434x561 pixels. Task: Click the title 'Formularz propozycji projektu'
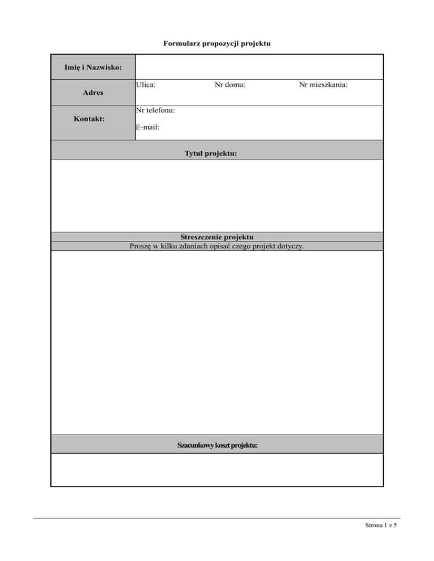(217, 43)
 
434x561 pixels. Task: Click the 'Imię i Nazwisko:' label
(93, 68)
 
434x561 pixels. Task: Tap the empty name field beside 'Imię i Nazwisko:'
(259, 67)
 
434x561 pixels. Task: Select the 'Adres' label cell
(93, 92)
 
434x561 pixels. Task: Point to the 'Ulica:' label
(146, 85)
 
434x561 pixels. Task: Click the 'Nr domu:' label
(230, 85)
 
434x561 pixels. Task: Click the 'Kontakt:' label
(93, 119)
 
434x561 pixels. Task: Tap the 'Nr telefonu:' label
(155, 110)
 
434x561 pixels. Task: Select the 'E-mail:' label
(148, 128)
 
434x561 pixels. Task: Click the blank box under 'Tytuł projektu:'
(217, 196)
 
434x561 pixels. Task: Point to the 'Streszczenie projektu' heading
(217, 237)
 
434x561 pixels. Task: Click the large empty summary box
(217, 342)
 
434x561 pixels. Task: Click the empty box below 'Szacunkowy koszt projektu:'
(217, 470)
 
